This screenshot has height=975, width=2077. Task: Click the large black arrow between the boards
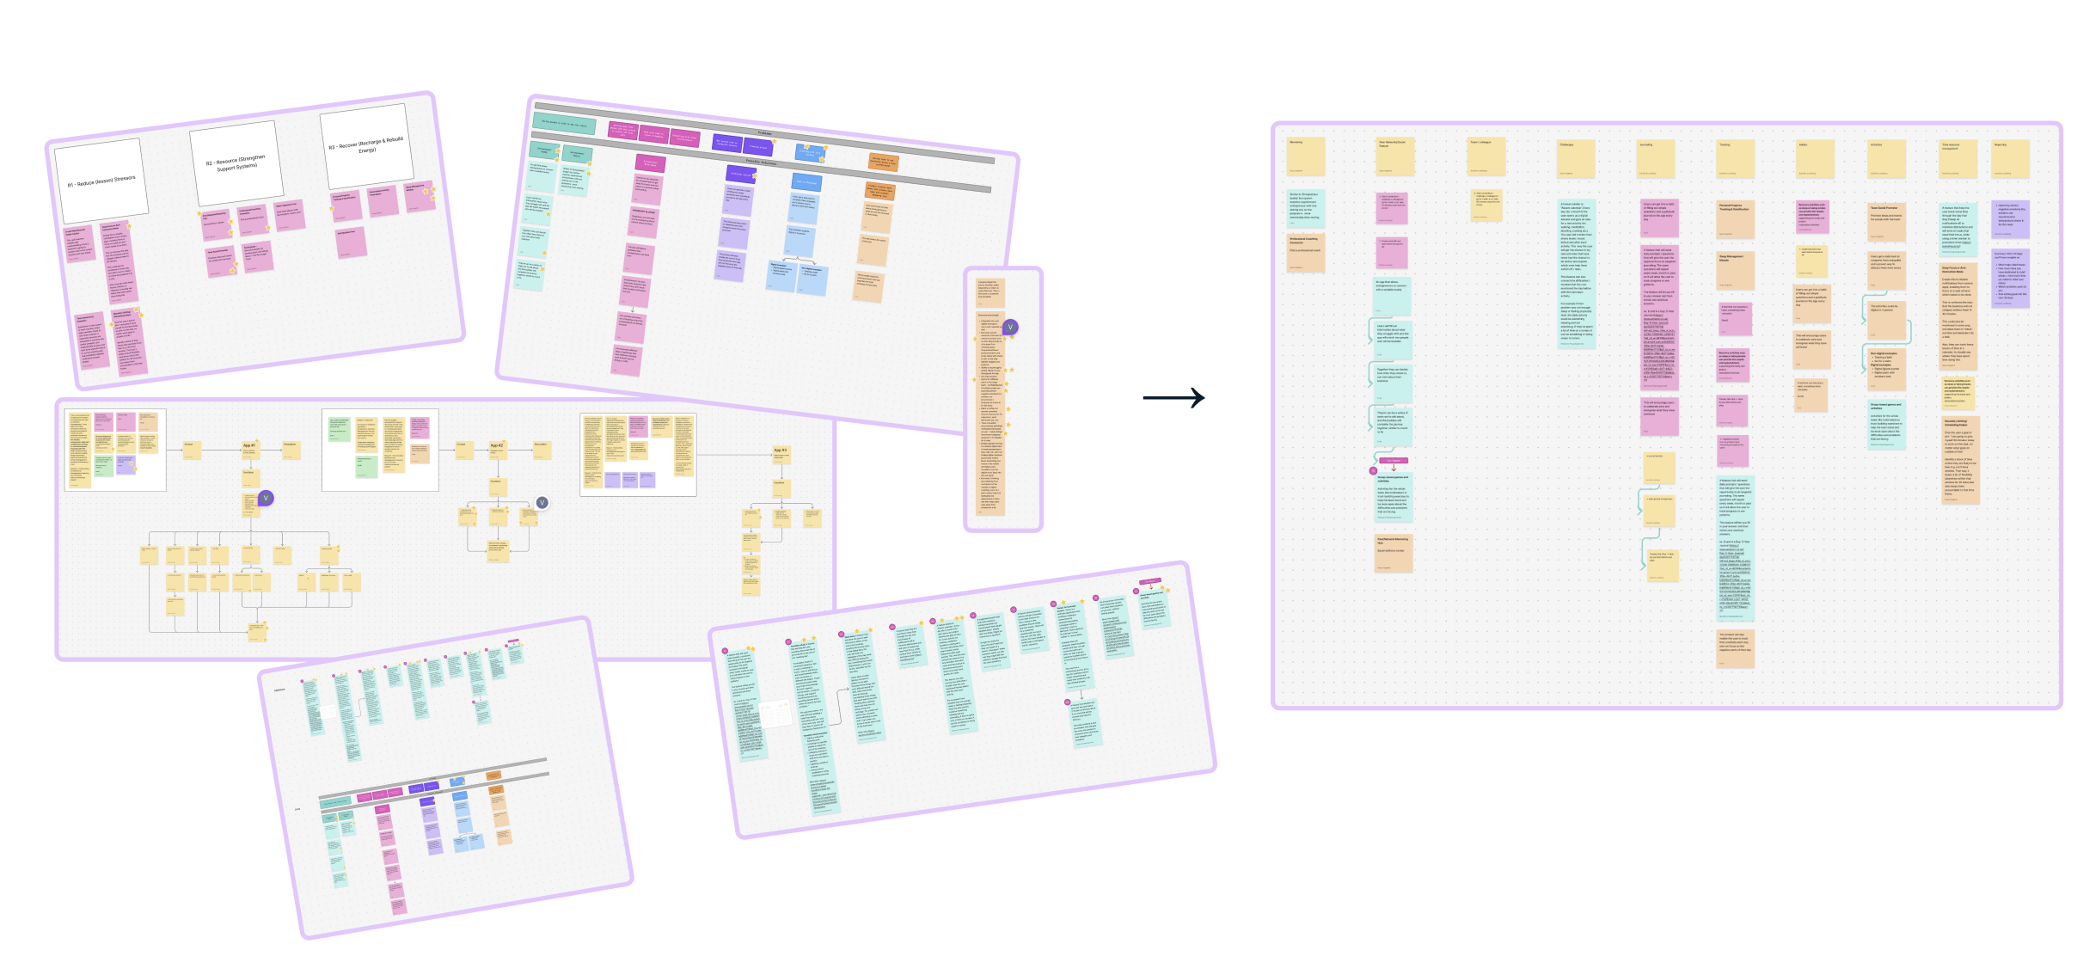(x=1173, y=397)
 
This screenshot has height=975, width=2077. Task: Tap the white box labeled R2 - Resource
(x=236, y=162)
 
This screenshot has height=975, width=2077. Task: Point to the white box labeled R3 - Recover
(x=366, y=144)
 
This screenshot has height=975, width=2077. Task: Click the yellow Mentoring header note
(x=1305, y=156)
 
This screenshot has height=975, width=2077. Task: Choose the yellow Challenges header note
(x=1576, y=158)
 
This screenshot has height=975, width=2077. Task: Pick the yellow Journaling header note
(x=1657, y=158)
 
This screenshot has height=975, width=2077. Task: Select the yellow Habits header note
(x=1815, y=158)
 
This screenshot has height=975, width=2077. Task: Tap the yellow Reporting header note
(x=2011, y=158)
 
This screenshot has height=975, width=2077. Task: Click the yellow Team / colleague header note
(x=1486, y=156)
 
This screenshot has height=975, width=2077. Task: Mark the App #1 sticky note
(x=249, y=447)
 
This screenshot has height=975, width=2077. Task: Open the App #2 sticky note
(x=497, y=447)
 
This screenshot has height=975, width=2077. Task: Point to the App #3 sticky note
(x=780, y=452)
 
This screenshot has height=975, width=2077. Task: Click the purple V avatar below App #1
(x=267, y=498)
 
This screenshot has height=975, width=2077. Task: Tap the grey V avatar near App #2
(x=542, y=503)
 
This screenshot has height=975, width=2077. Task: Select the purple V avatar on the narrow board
(x=1010, y=327)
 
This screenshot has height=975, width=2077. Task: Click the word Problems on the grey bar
(x=764, y=133)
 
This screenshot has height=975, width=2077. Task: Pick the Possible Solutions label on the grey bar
(x=760, y=162)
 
